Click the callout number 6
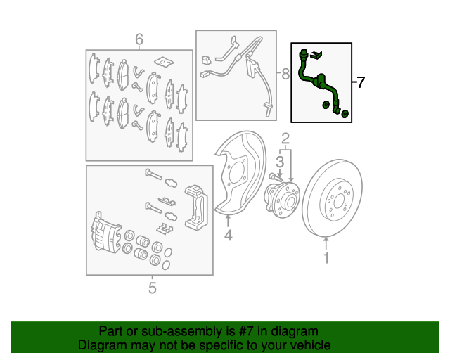click(x=139, y=39)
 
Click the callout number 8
click(x=285, y=74)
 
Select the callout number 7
click(x=360, y=82)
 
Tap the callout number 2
click(x=285, y=139)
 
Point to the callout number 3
click(x=280, y=162)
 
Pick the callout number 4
click(x=228, y=236)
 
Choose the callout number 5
click(x=153, y=288)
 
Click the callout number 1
click(x=326, y=258)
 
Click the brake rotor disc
click(x=333, y=198)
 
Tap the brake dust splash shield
click(x=241, y=173)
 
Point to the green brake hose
click(x=319, y=82)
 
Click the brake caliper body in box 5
click(x=105, y=233)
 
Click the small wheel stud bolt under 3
click(x=275, y=176)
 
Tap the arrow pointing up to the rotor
click(x=326, y=243)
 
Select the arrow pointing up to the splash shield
click(x=228, y=221)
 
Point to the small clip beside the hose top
click(x=316, y=55)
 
